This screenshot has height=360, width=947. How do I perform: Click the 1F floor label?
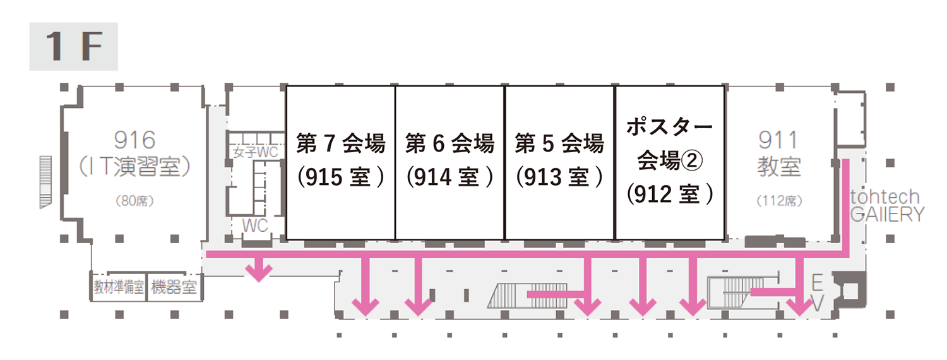[73, 47]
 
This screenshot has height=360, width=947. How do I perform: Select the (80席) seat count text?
[135, 201]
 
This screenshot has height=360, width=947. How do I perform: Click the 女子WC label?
[255, 152]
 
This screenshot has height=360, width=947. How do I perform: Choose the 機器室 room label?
[173, 288]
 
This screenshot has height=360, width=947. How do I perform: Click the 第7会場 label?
[341, 144]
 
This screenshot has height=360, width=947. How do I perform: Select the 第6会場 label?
[450, 144]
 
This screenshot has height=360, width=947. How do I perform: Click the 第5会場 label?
[559, 144]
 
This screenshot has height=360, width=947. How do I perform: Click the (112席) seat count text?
[779, 201]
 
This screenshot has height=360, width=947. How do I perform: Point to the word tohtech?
[884, 196]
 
